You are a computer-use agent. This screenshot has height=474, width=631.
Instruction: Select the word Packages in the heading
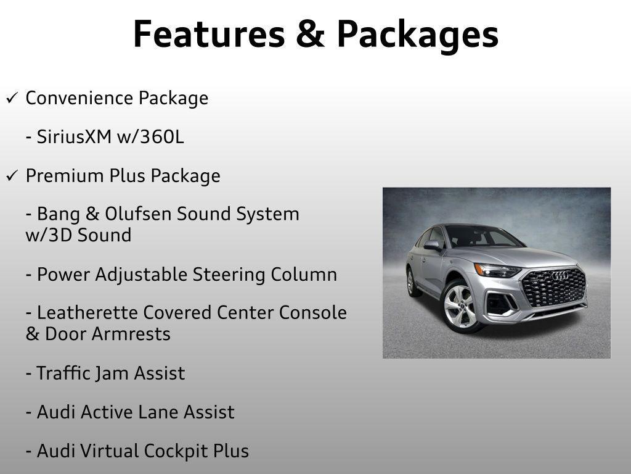pyautogui.click(x=417, y=35)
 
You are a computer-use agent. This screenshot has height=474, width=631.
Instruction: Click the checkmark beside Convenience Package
pyautogui.click(x=12, y=98)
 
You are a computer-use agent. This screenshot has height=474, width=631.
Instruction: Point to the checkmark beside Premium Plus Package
pyautogui.click(x=12, y=176)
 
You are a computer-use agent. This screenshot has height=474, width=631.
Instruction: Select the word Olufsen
pyautogui.click(x=139, y=214)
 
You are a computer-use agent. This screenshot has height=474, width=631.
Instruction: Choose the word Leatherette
pyautogui.click(x=88, y=313)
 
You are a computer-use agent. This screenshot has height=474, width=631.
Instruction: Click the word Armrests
pyautogui.click(x=131, y=334)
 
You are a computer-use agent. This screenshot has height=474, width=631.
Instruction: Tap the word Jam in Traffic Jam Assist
pyautogui.click(x=115, y=373)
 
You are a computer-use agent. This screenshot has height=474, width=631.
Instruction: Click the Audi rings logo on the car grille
pyautogui.click(x=559, y=276)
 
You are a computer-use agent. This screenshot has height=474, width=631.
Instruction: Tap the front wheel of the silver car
pyautogui.click(x=460, y=306)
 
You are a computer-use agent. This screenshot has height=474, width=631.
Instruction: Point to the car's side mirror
pyautogui.click(x=433, y=245)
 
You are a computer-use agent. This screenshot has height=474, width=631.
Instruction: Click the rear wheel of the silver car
pyautogui.click(x=411, y=281)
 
